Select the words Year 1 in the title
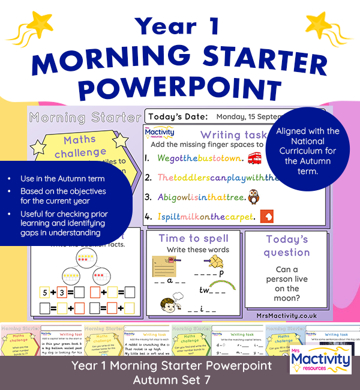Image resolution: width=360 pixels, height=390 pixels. (179, 26)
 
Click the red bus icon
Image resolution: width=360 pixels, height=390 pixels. (255, 158)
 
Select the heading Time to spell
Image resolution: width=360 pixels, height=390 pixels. (193, 238)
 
